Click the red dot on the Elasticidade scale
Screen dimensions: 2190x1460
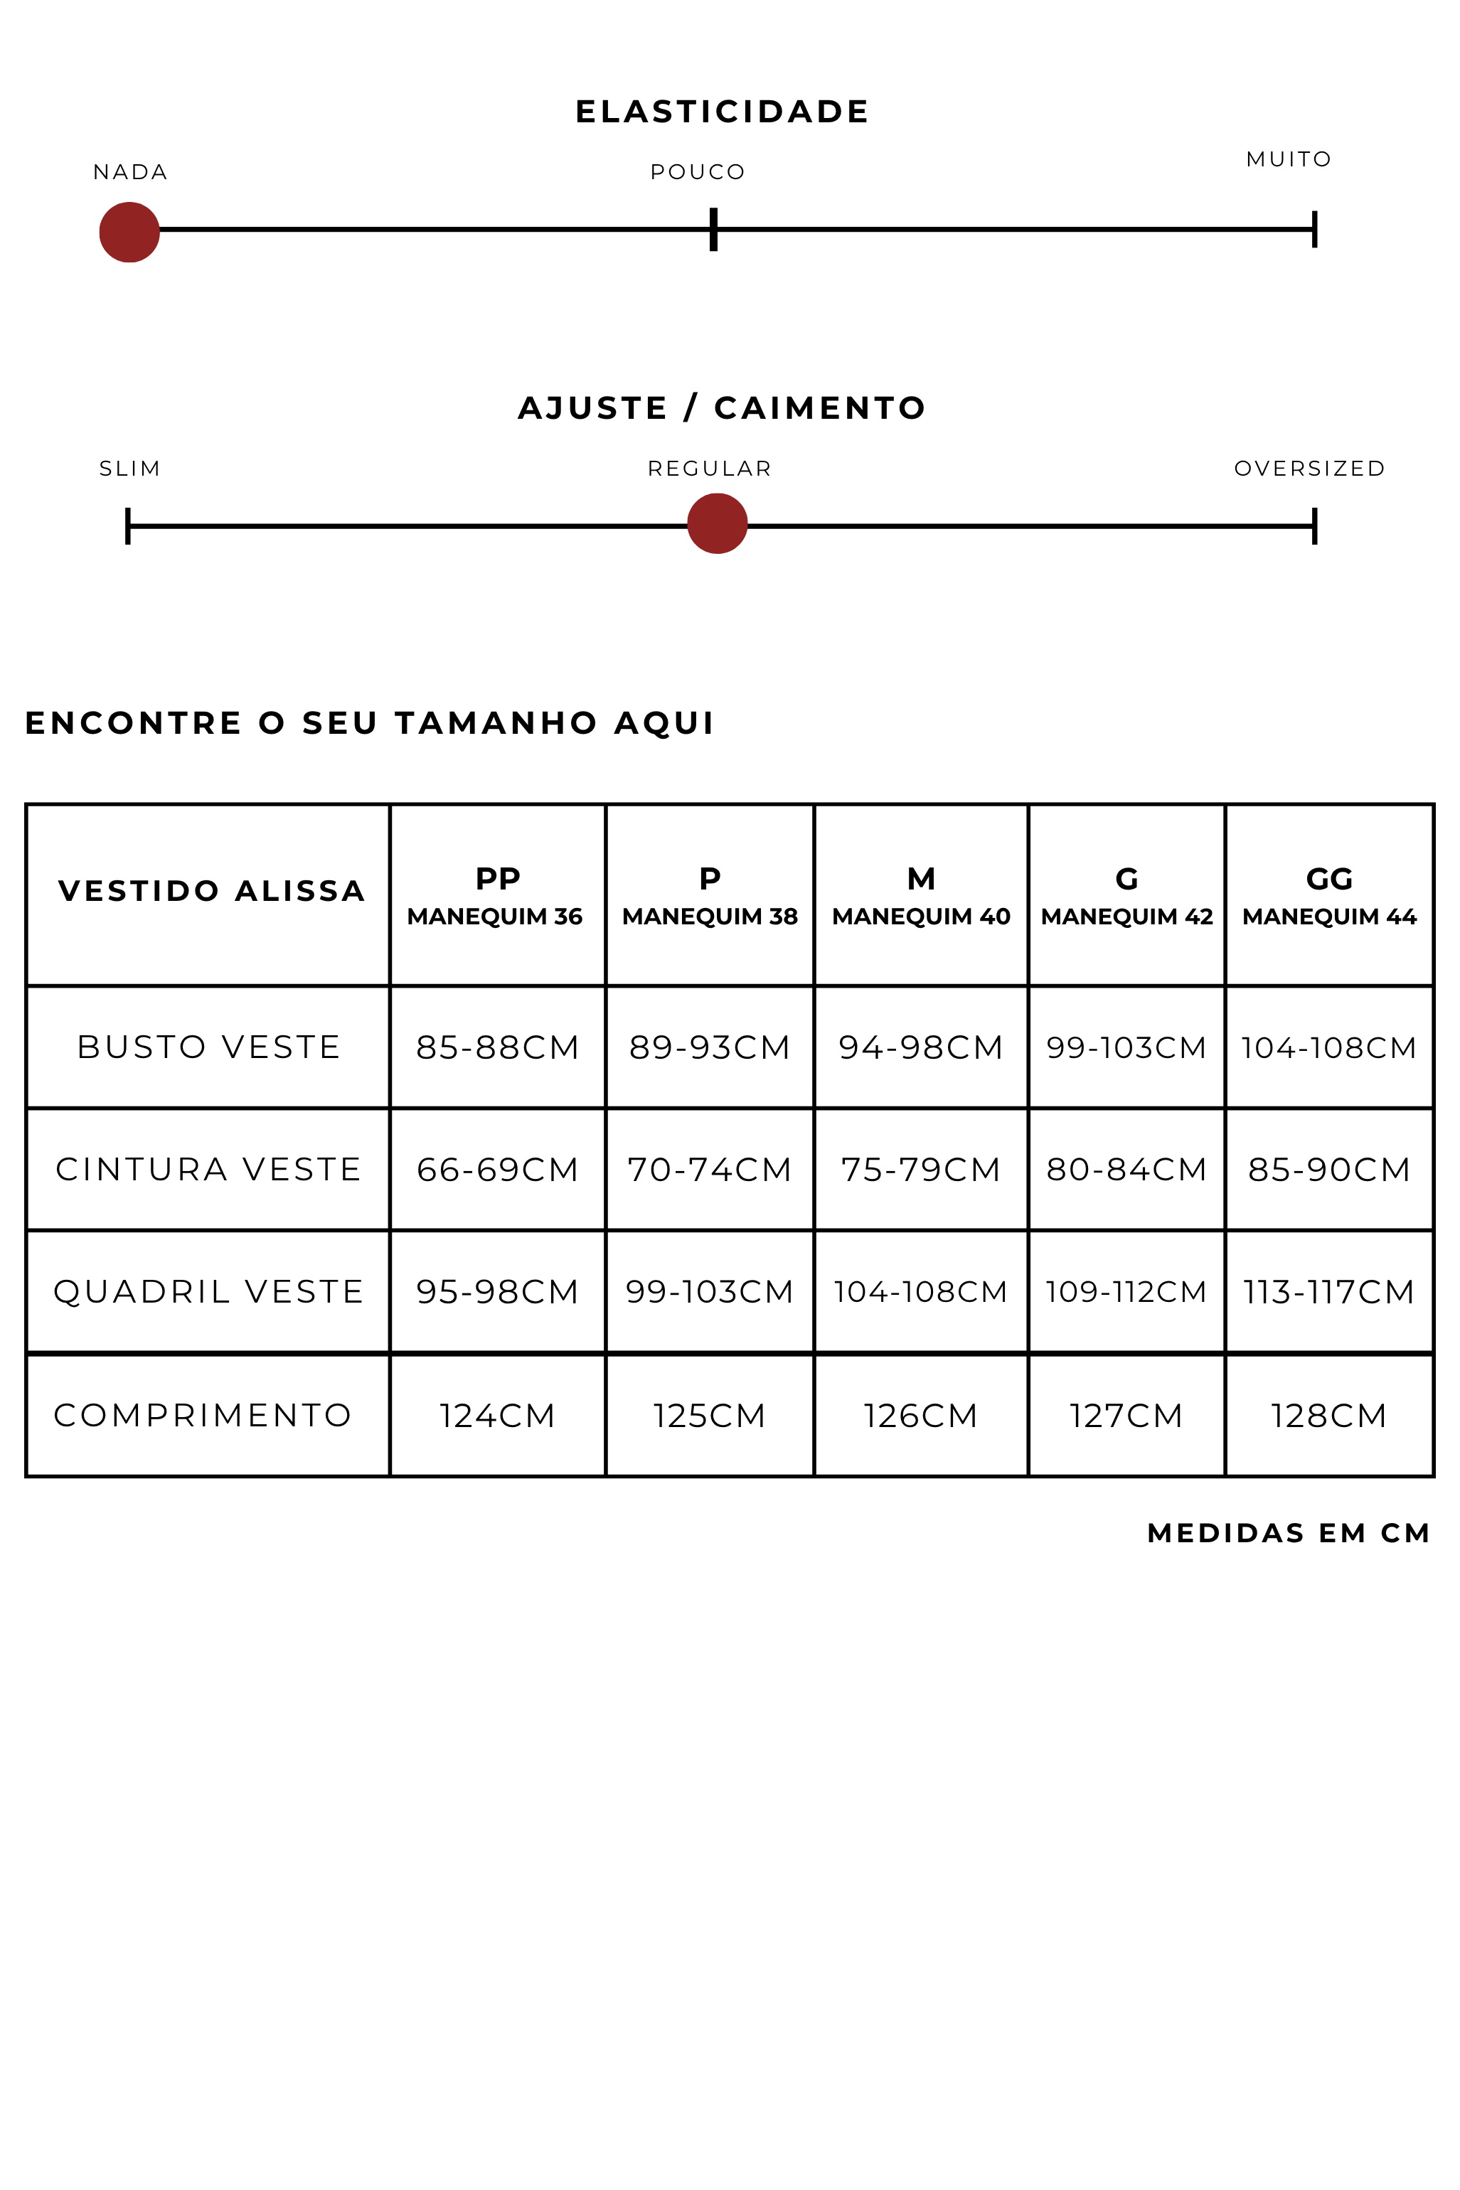(x=129, y=232)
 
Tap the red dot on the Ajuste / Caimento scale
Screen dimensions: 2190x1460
(x=717, y=524)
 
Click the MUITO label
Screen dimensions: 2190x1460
(x=1289, y=159)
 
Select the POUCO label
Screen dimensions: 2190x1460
(x=698, y=172)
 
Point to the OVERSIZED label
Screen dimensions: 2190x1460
(x=1309, y=468)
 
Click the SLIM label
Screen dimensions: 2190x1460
(x=130, y=468)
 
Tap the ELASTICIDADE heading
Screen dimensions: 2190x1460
(x=722, y=112)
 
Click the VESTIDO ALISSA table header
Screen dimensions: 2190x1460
(x=211, y=891)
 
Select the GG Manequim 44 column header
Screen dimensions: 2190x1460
(x=1328, y=895)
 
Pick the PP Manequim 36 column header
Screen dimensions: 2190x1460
(x=496, y=895)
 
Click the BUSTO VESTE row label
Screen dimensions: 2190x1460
(x=208, y=1047)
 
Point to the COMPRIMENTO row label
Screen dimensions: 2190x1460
(x=203, y=1415)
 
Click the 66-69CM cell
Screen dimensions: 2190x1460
(x=497, y=1169)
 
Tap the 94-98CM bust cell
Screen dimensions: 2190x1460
(x=920, y=1047)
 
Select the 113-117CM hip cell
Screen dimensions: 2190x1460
(x=1328, y=1292)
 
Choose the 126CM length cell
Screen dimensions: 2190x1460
(x=920, y=1416)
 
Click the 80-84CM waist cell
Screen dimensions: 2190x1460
(x=1126, y=1169)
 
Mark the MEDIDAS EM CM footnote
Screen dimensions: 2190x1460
(x=1288, y=1533)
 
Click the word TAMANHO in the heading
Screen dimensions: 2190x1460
(x=496, y=723)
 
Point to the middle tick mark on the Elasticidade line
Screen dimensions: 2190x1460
(x=713, y=229)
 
